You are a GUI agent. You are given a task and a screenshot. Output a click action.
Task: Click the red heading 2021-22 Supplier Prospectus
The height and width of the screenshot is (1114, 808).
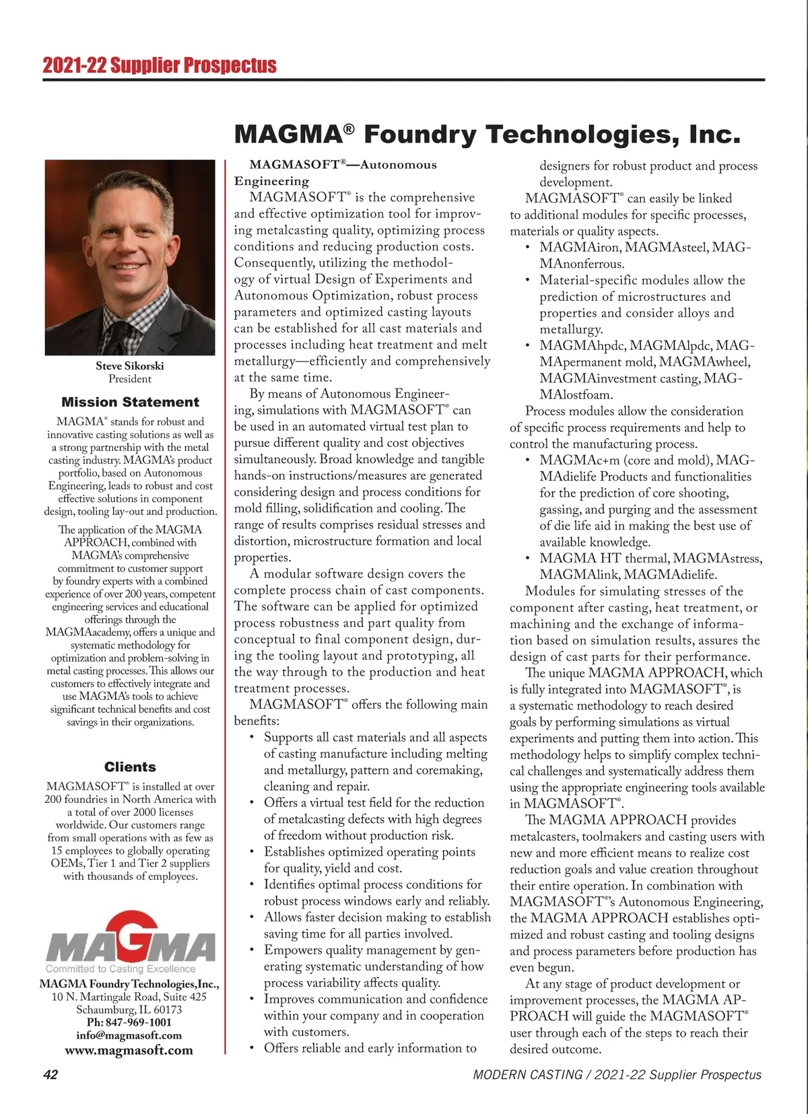[x=160, y=65]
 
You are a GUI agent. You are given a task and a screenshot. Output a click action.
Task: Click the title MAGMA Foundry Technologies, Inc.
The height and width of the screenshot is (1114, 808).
[x=487, y=135]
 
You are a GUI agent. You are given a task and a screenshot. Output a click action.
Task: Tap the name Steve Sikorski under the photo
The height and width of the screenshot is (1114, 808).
[x=130, y=366]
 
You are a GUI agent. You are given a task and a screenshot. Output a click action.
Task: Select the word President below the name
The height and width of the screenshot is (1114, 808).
[x=130, y=379]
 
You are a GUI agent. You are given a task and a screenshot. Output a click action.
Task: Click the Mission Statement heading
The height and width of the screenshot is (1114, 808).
[x=130, y=403]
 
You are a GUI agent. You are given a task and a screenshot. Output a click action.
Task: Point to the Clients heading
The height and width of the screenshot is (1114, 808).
[x=130, y=767]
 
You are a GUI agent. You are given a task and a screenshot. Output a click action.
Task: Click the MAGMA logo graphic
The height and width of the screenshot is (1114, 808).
[x=131, y=937]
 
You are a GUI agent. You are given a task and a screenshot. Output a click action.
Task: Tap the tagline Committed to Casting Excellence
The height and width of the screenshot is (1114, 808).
[x=121, y=969]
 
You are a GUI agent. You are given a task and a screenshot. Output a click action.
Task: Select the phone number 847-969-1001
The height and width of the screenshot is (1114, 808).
[x=138, y=1022]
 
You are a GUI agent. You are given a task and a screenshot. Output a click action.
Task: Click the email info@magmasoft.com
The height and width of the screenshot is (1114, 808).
[x=129, y=1035]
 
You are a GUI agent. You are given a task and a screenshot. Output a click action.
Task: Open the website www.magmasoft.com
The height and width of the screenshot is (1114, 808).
[x=129, y=1050]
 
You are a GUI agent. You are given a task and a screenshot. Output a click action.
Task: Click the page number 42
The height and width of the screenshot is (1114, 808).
[x=50, y=1075]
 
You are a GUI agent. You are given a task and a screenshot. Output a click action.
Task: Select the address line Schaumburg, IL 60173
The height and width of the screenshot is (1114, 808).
[x=129, y=1010]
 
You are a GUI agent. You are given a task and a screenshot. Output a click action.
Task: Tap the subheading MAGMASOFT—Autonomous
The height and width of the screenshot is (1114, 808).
[x=343, y=165]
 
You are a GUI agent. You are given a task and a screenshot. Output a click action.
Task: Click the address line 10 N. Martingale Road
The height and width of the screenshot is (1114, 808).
[x=129, y=997]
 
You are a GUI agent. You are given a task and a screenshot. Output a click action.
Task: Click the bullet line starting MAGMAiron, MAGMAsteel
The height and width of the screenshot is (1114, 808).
[x=644, y=248]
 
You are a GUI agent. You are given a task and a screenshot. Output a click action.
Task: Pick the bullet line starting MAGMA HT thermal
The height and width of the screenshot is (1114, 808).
[x=650, y=559]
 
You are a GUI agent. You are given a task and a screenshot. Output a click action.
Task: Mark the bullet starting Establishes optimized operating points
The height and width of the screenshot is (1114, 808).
[x=369, y=852]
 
